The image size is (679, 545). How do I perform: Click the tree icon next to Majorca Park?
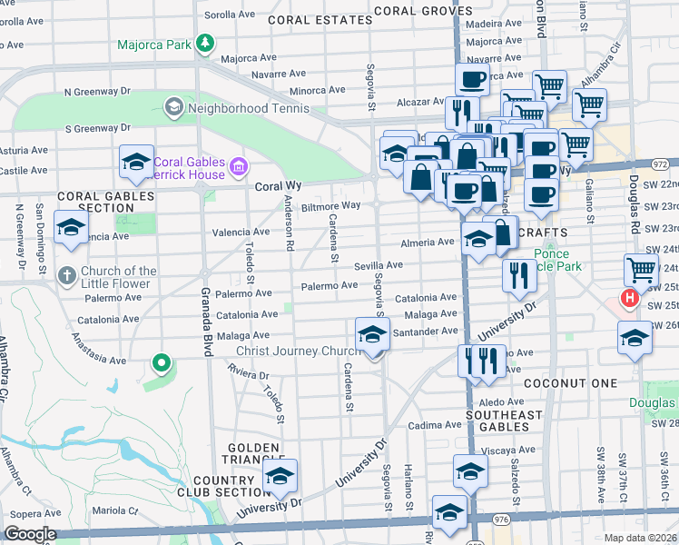206,43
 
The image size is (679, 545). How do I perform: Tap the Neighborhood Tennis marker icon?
172,108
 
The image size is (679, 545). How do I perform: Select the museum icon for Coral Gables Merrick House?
239,165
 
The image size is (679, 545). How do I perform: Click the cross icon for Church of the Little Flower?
66,273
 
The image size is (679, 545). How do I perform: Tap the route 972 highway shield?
661,163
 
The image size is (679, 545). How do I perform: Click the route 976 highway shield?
501,517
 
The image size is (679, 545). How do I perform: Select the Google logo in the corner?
30,534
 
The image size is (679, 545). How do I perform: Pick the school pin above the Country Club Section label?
280,475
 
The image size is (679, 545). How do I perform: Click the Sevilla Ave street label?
378,264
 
